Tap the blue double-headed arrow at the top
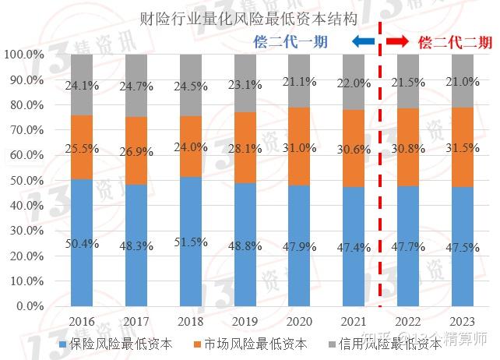coord(363,41)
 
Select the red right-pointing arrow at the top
coord(398,41)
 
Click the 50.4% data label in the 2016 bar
coord(82,244)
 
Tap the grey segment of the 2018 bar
coord(191,86)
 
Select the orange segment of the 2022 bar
coord(409,146)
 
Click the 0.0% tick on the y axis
coord(29,306)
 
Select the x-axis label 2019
coord(245,321)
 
